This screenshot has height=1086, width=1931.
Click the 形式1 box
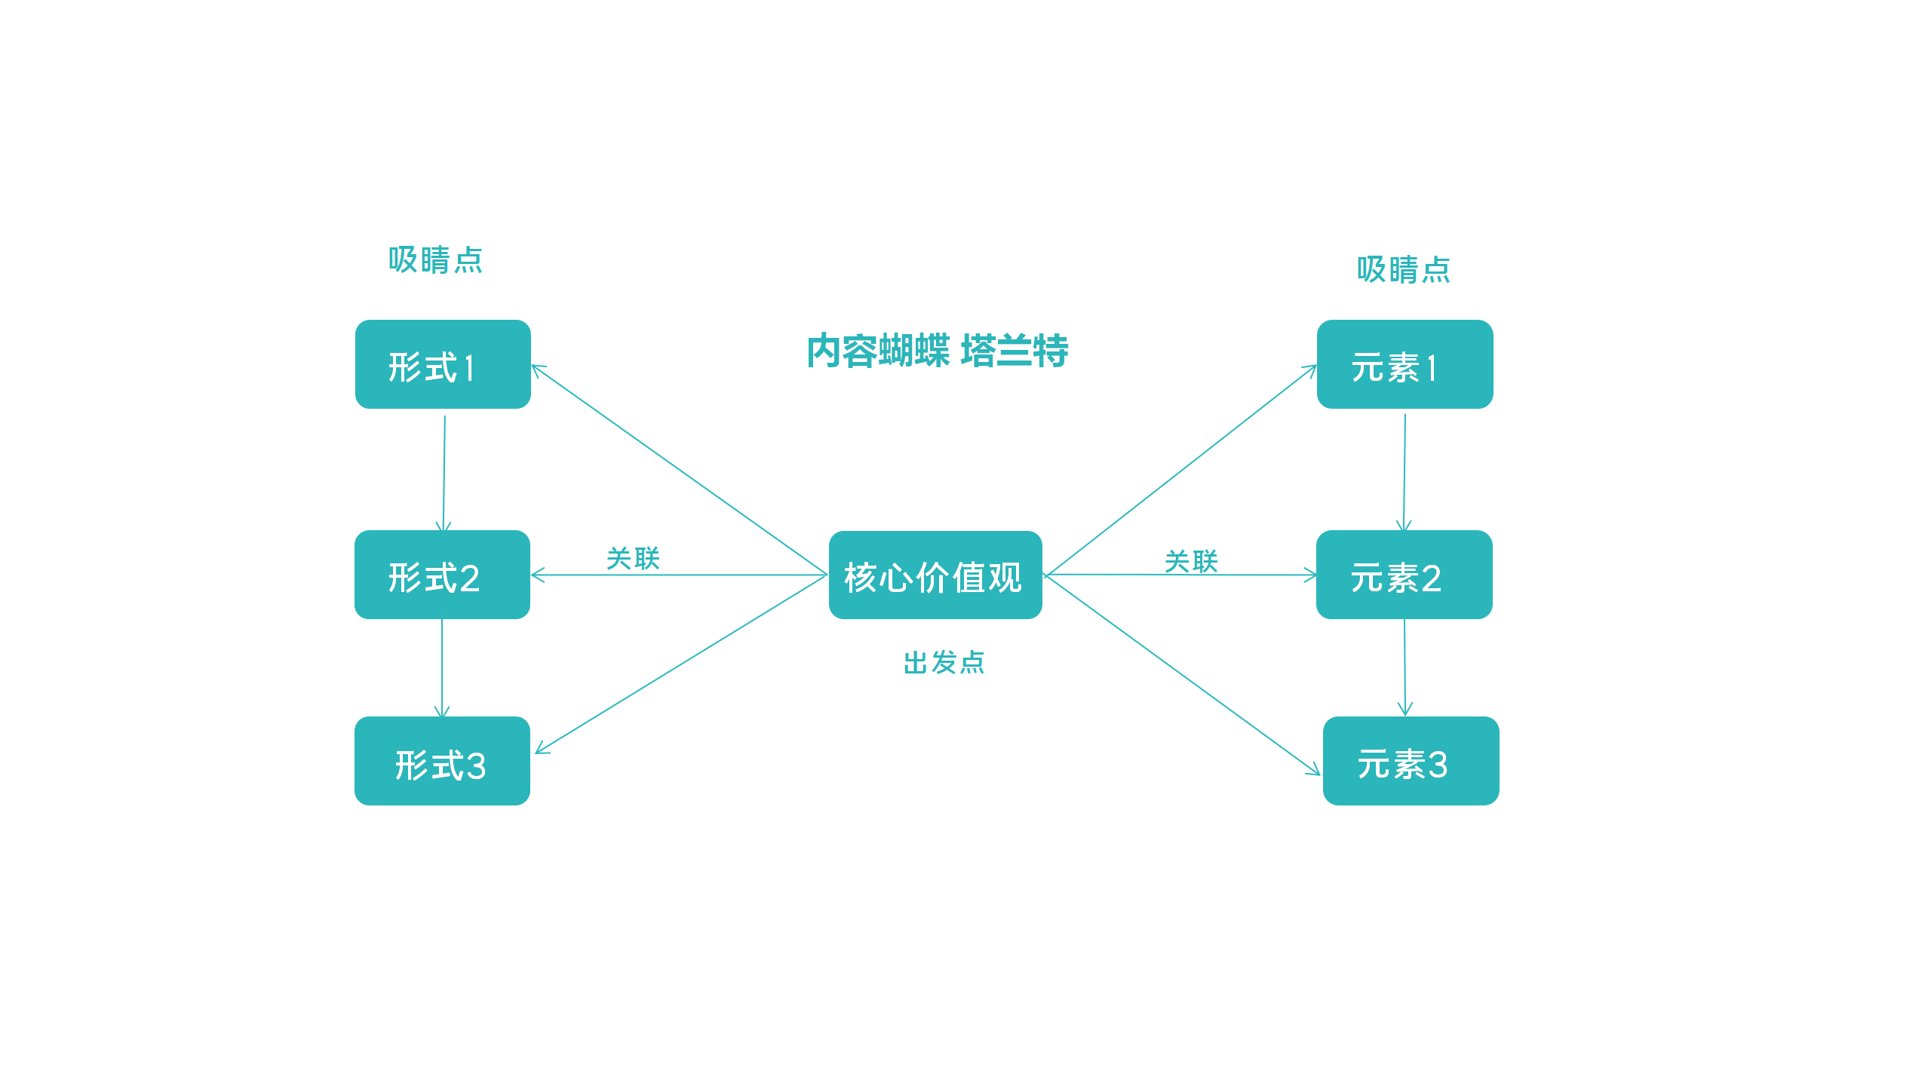443,364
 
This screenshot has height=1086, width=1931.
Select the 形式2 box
442,575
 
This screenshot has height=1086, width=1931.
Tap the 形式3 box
442,761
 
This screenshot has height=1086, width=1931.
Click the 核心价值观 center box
935,575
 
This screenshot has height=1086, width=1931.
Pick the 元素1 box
1405,364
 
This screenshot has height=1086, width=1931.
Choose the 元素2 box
1404,575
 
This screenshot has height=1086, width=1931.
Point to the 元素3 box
1411,761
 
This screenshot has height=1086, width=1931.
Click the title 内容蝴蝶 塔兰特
937,351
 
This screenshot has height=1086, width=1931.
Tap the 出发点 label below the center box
944,663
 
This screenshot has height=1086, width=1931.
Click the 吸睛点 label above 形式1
435,260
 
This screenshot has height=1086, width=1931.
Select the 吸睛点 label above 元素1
1403,269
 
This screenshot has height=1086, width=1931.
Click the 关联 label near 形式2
633,559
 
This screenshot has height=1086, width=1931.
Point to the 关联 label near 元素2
1191,562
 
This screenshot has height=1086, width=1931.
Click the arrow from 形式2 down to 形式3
442,667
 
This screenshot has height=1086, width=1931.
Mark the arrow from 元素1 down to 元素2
1405,471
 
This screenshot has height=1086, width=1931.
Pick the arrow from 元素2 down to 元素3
1405,667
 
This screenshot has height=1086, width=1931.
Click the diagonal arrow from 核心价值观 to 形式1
679,470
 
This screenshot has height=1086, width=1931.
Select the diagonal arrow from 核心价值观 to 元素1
1181,471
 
